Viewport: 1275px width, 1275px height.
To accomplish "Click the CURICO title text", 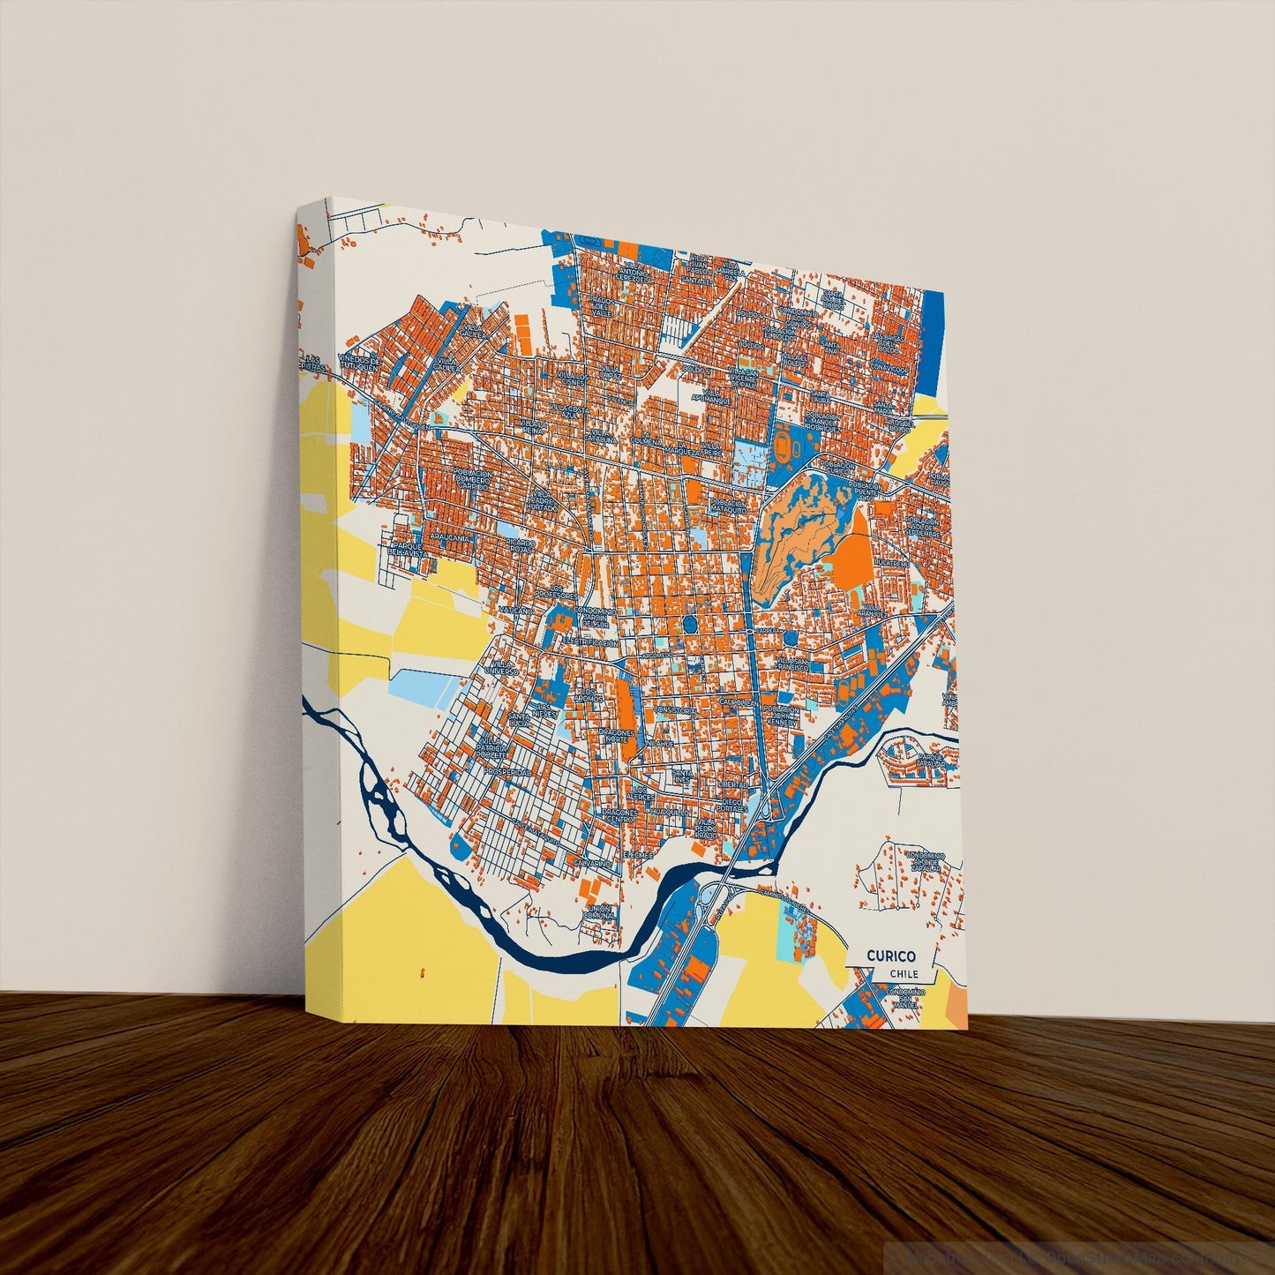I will tap(890, 956).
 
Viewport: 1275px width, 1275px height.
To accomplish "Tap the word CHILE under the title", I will tap(904, 974).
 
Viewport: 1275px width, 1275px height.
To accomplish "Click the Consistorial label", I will tap(677, 710).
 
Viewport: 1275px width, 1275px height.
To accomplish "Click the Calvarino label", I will tap(591, 861).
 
